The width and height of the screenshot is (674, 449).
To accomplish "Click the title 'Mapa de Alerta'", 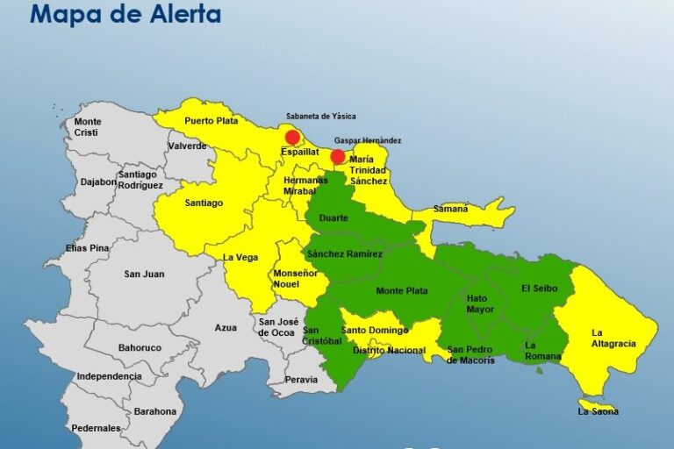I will tap(125, 14).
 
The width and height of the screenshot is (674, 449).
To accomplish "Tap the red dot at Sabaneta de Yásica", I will tap(293, 137).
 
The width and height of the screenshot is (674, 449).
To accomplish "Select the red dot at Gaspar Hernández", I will tap(338, 157).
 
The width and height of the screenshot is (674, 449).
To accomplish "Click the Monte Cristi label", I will tap(88, 127).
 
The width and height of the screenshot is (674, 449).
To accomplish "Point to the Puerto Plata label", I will tap(212, 122).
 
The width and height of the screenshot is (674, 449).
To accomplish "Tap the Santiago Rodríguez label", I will tap(141, 180).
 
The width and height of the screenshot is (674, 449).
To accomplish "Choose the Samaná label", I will tap(450, 209).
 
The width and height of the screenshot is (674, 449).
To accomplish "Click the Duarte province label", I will tap(333, 217).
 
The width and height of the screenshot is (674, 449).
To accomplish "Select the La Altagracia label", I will tap(613, 338).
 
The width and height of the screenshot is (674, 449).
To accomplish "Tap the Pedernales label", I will tap(97, 428).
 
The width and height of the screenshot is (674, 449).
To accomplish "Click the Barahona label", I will tap(154, 411).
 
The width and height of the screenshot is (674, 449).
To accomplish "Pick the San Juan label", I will tap(144, 274).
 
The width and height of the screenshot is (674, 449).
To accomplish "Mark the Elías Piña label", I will tap(88, 248).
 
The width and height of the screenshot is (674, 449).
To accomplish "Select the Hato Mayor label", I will tap(480, 303).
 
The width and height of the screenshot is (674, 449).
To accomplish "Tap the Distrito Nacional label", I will tap(389, 350).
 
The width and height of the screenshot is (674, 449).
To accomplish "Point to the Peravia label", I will tap(301, 380).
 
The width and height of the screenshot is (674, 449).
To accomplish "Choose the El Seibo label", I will tap(539, 288).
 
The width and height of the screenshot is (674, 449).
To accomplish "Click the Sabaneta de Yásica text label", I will tap(321, 116).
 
